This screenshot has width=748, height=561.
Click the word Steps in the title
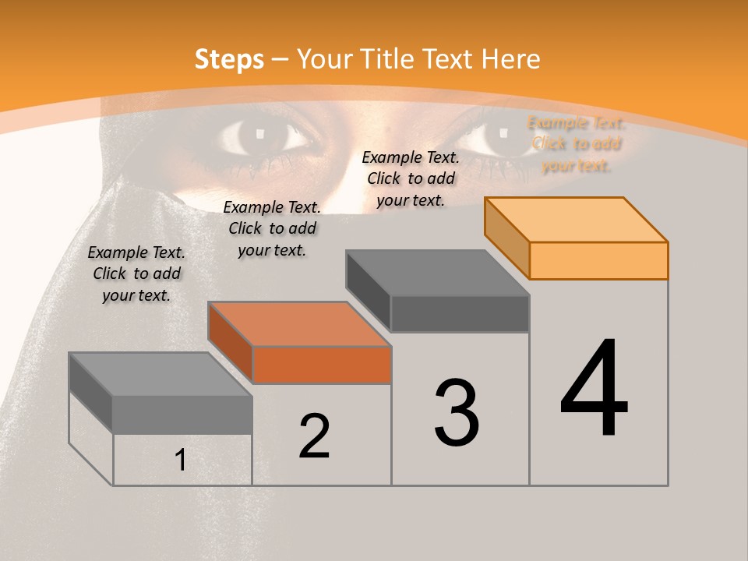point(228,59)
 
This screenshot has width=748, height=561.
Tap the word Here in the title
point(510,59)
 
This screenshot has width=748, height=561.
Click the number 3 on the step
point(457,413)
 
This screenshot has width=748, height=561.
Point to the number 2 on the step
point(314,436)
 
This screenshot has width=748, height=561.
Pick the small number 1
point(180,460)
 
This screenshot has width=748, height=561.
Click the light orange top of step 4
point(577,220)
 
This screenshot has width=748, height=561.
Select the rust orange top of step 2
point(299,324)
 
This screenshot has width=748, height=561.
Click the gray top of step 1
point(161,374)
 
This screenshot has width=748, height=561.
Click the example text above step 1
point(136,273)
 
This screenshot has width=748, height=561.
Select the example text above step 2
point(272,228)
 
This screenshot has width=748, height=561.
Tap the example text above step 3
point(411,178)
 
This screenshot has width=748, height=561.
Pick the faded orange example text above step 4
point(577,144)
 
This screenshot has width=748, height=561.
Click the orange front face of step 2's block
point(322,365)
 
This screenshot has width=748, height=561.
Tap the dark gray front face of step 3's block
point(460,313)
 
